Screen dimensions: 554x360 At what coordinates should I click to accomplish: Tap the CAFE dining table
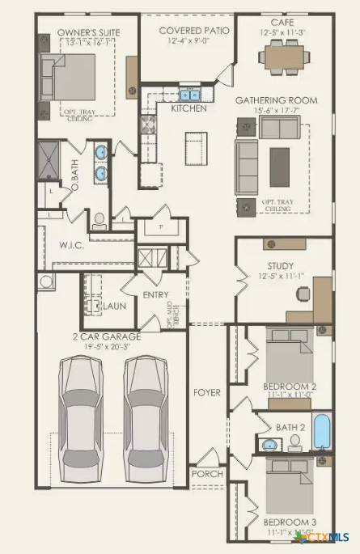pos(289,56)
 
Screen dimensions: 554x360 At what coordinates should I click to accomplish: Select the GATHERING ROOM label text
pos(276,99)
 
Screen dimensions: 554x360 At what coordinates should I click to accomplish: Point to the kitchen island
pos(192,148)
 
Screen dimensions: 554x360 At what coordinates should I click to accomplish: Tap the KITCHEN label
pos(188,108)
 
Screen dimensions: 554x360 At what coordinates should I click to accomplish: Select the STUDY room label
pos(280,264)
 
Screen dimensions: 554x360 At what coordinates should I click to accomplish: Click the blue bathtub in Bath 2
pos(321,432)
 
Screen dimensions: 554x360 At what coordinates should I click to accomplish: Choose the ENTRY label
pos(155,295)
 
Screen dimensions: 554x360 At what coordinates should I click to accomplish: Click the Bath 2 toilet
pos(294,442)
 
